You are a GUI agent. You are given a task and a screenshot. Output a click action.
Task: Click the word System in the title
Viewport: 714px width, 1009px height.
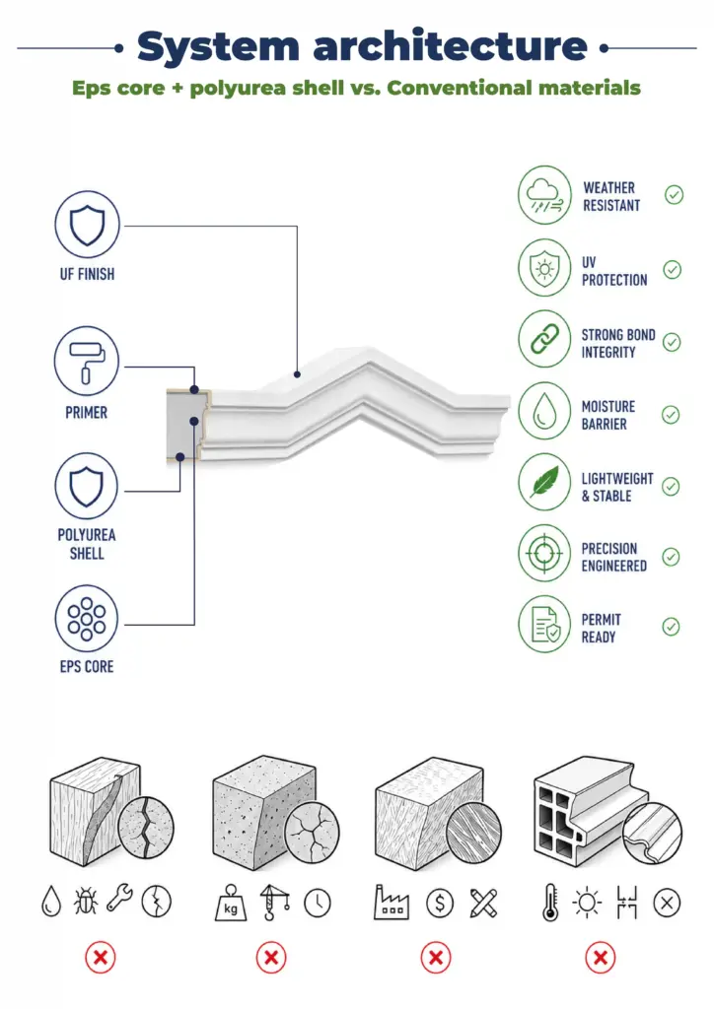[x=218, y=47]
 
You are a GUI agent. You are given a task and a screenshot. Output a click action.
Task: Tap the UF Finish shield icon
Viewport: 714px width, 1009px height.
[x=87, y=225]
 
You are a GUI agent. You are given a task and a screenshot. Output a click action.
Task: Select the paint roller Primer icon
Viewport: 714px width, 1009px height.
[x=86, y=361]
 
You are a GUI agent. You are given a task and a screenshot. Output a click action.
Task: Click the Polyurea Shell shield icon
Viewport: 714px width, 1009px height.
[x=86, y=486]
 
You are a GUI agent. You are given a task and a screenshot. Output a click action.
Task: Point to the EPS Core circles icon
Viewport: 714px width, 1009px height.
[x=86, y=619]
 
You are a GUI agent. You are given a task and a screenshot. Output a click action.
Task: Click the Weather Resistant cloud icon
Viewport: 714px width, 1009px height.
[x=544, y=195]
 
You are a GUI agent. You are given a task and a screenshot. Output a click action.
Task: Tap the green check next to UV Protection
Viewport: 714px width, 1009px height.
[x=673, y=270]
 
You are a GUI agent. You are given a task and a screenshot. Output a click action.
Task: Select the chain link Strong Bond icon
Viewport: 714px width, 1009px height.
[x=544, y=339]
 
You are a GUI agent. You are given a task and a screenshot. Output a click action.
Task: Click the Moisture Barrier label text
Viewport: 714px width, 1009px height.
[x=607, y=415]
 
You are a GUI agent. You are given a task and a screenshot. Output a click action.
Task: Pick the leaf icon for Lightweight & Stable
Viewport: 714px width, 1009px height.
[x=544, y=482]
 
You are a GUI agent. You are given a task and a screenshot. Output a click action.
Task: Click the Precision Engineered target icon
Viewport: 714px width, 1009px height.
[x=544, y=554]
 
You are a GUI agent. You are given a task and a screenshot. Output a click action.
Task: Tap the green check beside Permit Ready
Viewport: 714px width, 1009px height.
[x=672, y=627]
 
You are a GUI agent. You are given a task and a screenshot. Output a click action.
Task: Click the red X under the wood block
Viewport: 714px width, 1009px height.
[x=101, y=958]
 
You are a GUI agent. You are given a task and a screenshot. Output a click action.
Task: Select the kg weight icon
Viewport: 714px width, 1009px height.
[x=231, y=903]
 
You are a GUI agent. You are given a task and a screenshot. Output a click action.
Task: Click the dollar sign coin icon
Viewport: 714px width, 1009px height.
[x=440, y=904]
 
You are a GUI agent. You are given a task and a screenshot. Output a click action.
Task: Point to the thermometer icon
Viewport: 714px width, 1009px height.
[x=550, y=903]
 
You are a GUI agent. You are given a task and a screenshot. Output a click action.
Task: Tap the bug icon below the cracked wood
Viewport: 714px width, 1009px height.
[x=86, y=901]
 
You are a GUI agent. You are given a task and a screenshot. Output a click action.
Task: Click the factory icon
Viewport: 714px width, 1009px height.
[x=392, y=902]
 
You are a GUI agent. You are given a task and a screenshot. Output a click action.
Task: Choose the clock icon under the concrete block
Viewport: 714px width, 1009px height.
[x=318, y=904]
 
